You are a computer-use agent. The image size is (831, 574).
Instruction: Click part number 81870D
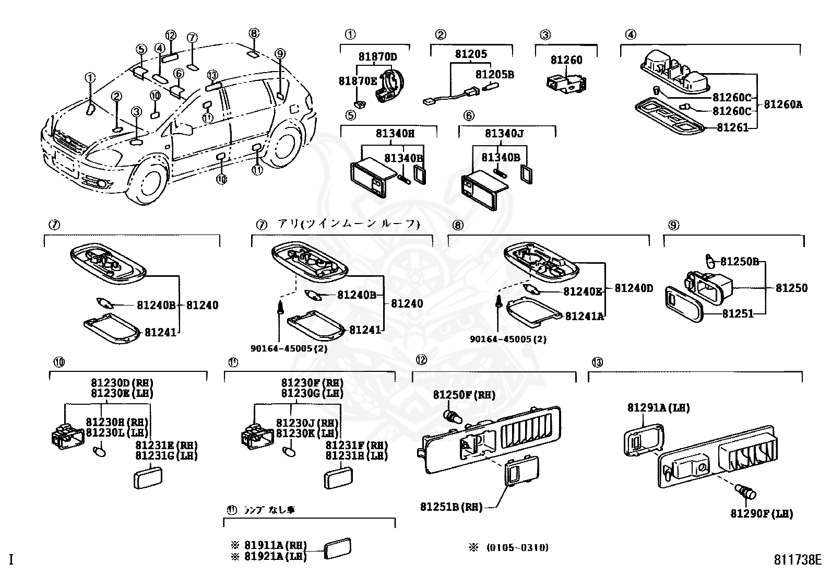point(377,56)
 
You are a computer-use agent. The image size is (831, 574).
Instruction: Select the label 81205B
point(494,75)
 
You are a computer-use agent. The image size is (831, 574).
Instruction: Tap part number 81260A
point(783,104)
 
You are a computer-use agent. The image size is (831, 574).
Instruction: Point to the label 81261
point(732,127)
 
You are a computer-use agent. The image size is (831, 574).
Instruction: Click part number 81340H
point(395,134)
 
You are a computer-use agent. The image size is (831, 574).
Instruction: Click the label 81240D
point(633,288)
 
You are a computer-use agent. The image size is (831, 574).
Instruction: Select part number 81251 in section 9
point(738,313)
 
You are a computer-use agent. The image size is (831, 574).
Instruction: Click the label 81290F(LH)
point(762,513)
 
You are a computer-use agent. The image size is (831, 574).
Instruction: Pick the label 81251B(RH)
point(451,506)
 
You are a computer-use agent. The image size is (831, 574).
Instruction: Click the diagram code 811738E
point(797,560)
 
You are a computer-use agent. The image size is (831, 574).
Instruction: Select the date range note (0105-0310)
point(517,547)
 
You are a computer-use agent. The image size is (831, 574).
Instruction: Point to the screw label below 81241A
point(508,339)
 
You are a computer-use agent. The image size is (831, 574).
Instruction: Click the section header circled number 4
point(631,35)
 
